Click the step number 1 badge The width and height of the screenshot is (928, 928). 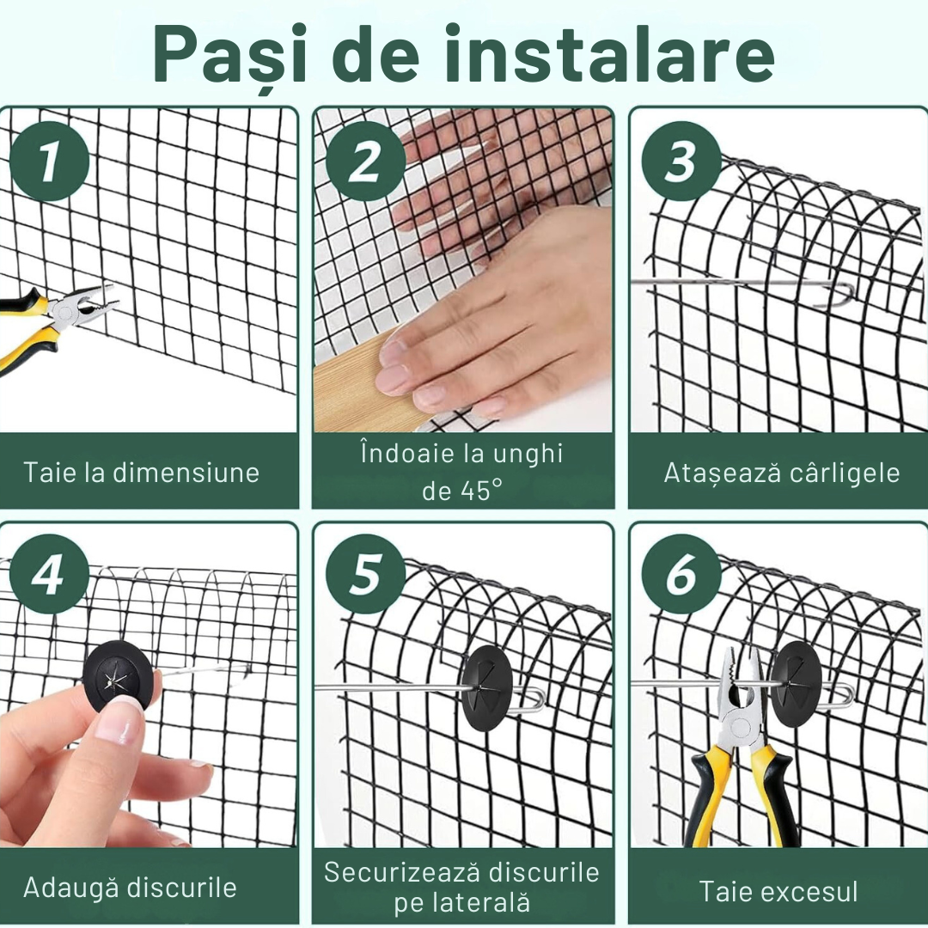click(50, 162)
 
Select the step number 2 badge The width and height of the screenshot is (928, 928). click(365, 162)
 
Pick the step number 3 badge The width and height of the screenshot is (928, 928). click(681, 162)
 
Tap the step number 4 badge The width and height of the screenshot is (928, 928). click(50, 574)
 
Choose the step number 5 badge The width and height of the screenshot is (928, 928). click(365, 574)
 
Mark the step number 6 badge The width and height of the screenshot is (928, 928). click(681, 574)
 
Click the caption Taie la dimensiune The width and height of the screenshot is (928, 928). click(142, 473)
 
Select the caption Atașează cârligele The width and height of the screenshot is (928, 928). click(781, 473)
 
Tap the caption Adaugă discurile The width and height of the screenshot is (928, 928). click(130, 887)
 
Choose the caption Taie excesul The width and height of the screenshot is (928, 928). click(778, 891)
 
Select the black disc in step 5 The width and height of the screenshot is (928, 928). click(487, 687)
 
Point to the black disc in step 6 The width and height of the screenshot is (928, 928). click(796, 684)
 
